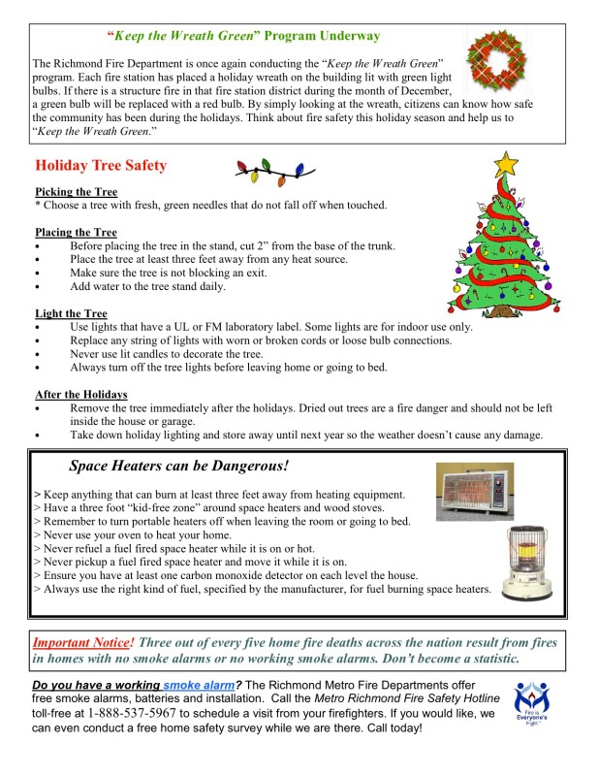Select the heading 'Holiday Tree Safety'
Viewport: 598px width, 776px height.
pyautogui.click(x=101, y=166)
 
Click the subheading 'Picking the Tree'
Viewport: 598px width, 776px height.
pyautogui.click(x=76, y=192)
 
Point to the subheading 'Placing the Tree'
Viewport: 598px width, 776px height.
pyautogui.click(x=76, y=233)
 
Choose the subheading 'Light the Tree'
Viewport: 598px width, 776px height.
pyautogui.click(x=71, y=313)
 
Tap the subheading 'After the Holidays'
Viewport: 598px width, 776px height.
pyautogui.click(x=81, y=394)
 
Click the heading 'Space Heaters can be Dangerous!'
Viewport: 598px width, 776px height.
pyautogui.click(x=179, y=466)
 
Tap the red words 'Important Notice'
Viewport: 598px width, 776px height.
pyautogui.click(x=82, y=642)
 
